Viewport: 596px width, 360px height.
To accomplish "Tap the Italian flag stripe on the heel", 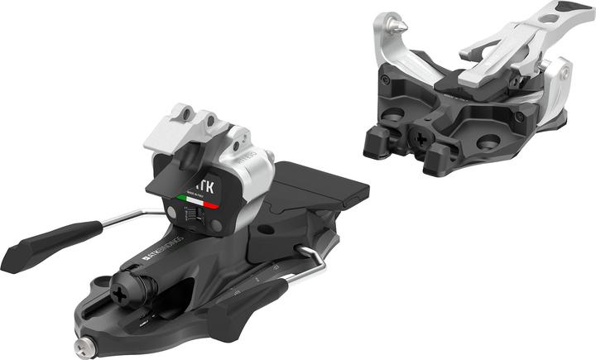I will pos(199,199).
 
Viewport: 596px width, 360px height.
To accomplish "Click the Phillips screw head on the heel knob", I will pos(126,289).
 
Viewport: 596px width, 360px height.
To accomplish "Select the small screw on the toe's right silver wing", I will pos(565,75).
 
